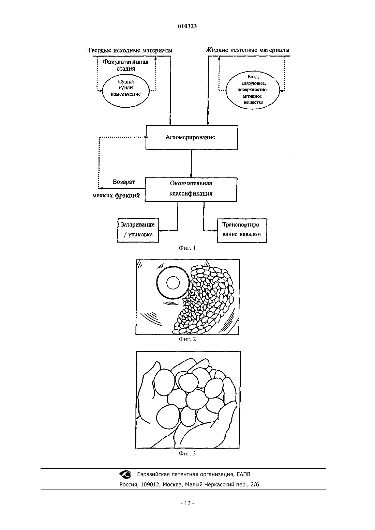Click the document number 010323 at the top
pos(187,26)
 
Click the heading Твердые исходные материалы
pos(130,50)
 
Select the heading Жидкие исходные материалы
pos(247,50)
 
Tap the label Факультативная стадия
pos(126,65)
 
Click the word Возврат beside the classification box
pos(123,182)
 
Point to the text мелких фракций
pos(116,196)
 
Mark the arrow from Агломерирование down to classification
pos(191,164)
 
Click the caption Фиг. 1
pos(187,248)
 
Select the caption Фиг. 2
pos(187,339)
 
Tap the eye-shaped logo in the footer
pos(125,474)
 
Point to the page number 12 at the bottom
pos(187,503)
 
